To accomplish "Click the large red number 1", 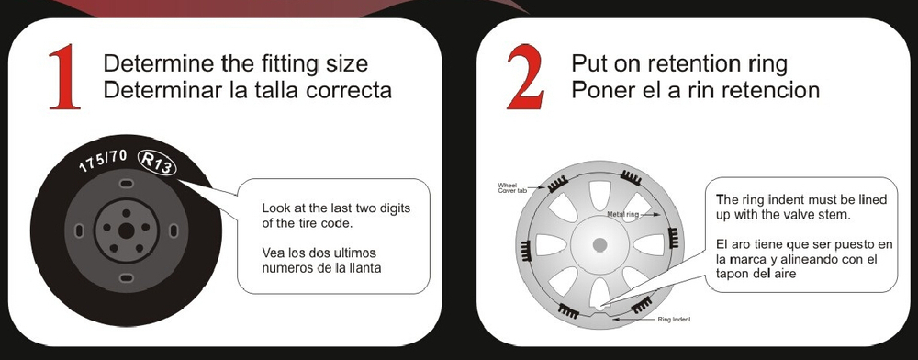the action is point(64,76).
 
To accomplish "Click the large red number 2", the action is point(525,76).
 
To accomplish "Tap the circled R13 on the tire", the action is point(157,163).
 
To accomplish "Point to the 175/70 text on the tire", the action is point(103,161).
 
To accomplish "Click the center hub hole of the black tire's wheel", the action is point(127,231).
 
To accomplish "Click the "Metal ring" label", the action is point(622,215).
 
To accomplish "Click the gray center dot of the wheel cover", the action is point(599,244).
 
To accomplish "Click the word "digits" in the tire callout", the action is point(395,208).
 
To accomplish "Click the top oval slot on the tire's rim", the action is point(126,184).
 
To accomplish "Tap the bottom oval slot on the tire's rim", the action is point(126,277).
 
